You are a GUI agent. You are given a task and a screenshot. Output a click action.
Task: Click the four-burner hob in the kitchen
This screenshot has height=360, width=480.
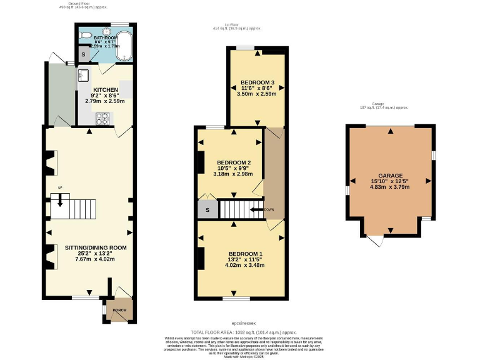tap(101, 118)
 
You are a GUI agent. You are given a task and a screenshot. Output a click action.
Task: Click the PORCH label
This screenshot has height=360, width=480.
tap(119, 310)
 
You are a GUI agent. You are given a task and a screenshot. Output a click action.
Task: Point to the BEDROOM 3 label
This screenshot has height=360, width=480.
tap(257, 82)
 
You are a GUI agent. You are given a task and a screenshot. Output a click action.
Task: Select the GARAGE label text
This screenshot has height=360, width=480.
tap(391, 176)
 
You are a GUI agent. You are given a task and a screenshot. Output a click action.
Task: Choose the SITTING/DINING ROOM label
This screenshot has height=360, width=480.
tap(96, 247)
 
